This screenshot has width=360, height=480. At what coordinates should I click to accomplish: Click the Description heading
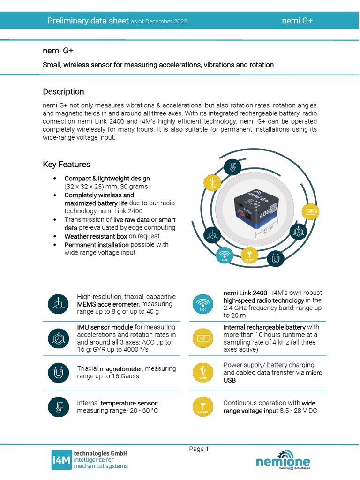(63, 91)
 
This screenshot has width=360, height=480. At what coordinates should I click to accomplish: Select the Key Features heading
(67, 165)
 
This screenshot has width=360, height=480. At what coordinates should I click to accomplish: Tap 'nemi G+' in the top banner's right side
(297, 21)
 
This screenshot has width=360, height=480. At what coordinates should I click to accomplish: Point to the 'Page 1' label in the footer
(199, 449)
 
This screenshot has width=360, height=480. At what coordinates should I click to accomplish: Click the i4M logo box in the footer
(61, 459)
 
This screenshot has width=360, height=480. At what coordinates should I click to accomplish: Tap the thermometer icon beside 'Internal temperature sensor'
(59, 406)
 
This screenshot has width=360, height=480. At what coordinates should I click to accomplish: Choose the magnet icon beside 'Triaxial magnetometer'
(59, 373)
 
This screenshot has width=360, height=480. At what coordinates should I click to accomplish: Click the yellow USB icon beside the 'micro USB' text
(202, 373)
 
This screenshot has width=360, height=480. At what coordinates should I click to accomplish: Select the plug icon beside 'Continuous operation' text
(202, 406)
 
